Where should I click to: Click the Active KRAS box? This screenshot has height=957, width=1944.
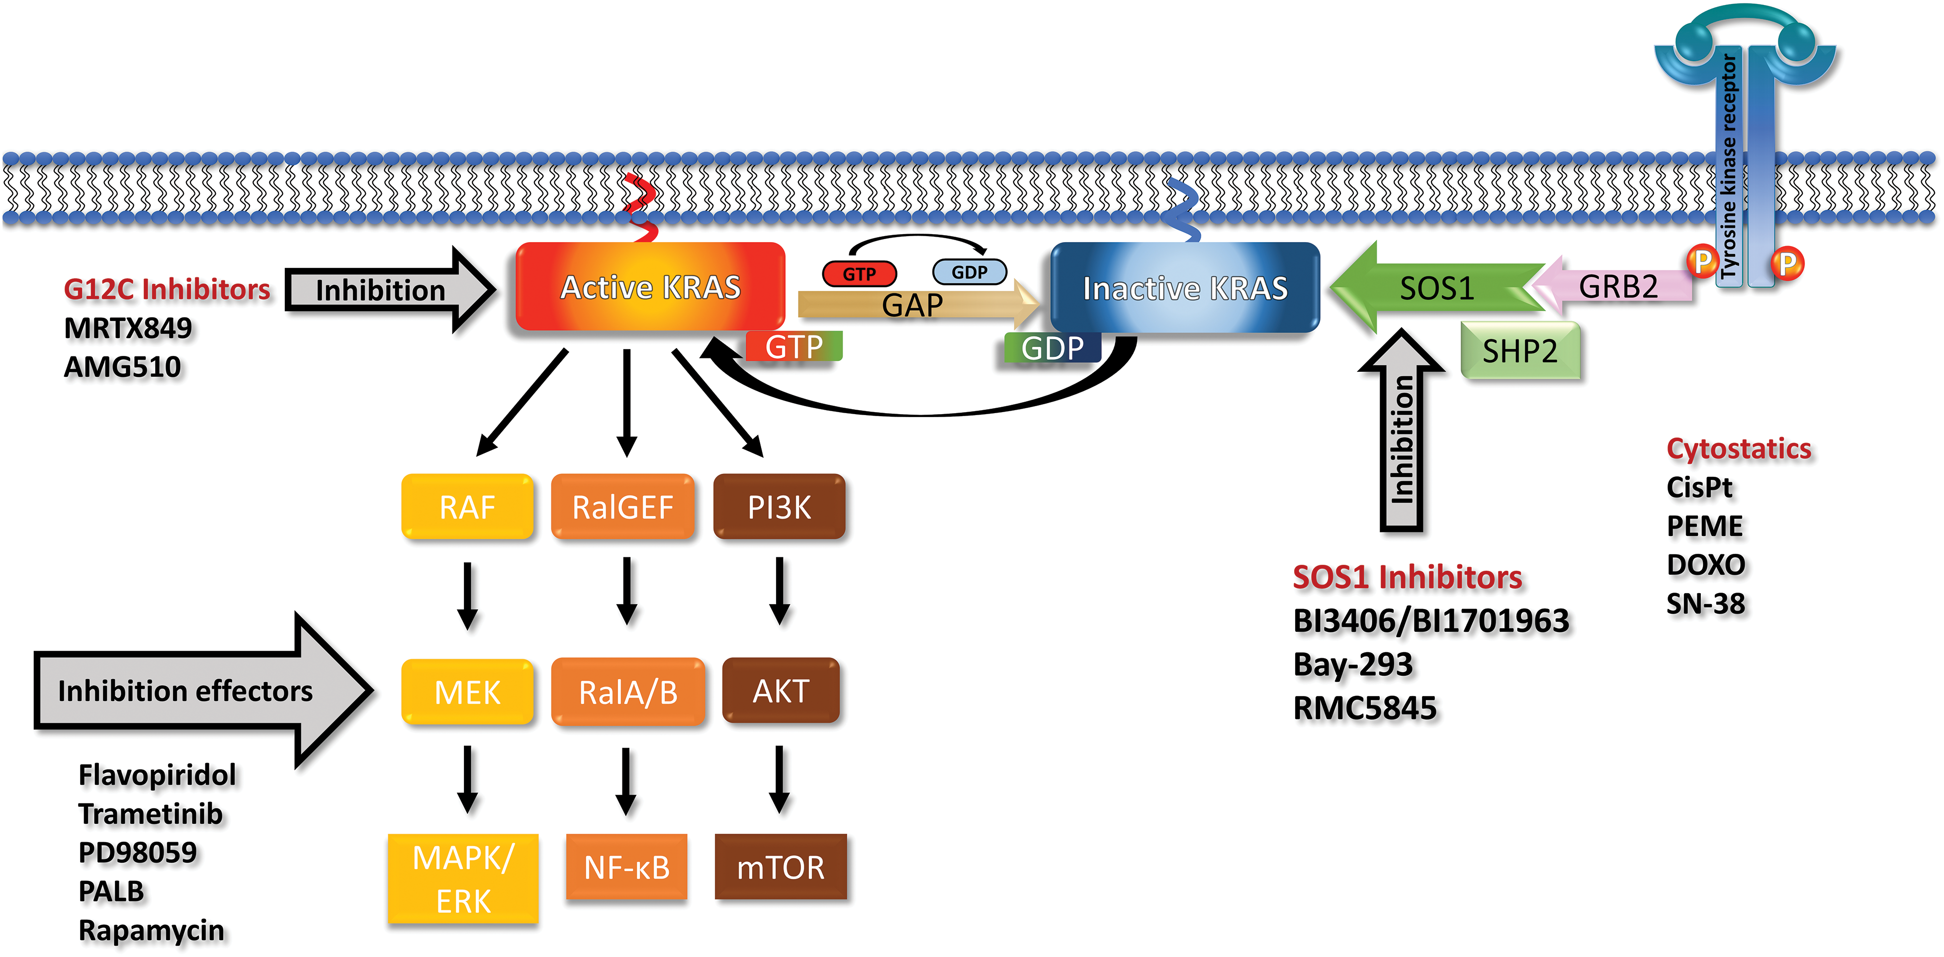tap(650, 287)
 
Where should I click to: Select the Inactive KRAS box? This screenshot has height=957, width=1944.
tap(1185, 287)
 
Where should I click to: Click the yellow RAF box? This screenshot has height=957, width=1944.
tap(467, 507)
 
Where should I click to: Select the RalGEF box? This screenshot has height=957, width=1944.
tap(622, 507)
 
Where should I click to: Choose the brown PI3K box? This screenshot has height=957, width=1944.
tap(779, 507)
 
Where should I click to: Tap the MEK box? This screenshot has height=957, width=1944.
tap(467, 692)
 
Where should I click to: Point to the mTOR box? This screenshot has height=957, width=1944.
tap(780, 867)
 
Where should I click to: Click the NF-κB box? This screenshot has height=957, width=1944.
tap(626, 867)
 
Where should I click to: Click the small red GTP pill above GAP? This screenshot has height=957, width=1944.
tap(859, 273)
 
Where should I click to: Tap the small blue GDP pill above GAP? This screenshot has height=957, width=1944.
tap(969, 272)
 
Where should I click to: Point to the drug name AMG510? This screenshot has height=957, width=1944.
tap(122, 367)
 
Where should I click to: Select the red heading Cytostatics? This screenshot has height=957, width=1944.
tap(1738, 448)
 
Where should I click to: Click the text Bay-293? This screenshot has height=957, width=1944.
tap(1352, 665)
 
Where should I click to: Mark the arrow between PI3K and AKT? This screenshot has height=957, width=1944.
tap(780, 591)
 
